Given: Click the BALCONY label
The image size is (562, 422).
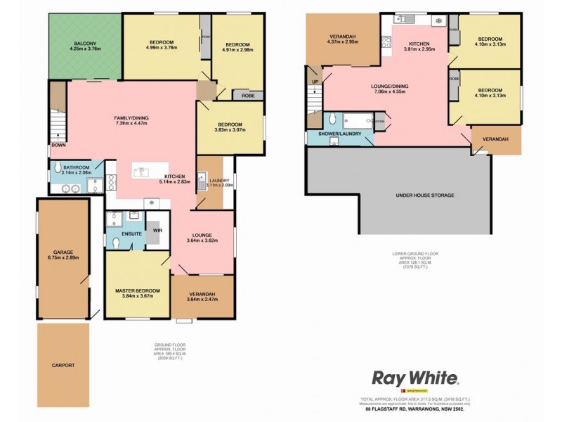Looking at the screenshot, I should click(x=86, y=43).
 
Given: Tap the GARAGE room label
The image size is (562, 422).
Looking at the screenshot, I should click(x=63, y=252).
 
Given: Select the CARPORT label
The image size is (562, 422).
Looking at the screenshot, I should click(x=63, y=365).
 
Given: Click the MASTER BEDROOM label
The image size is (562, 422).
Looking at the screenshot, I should click(x=138, y=290).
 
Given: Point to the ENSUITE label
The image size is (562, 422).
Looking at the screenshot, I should click(x=131, y=232).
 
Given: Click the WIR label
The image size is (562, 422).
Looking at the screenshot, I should click(x=158, y=230).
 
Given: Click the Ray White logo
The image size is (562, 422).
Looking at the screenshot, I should click(x=415, y=378).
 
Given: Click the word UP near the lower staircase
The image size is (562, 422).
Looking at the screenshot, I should click(x=314, y=81).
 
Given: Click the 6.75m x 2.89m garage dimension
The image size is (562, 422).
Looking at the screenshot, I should click(x=63, y=258).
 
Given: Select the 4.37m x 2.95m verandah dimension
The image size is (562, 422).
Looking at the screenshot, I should click(x=343, y=42).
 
